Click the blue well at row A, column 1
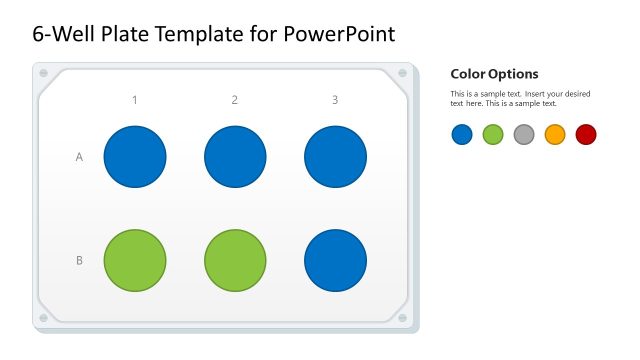[x=135, y=157]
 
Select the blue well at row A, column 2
[x=235, y=157]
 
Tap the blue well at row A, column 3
[x=335, y=157]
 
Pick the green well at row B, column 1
[x=135, y=260]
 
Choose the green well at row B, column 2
[x=235, y=260]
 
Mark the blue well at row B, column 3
[x=335, y=260]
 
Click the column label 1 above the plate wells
[x=135, y=100]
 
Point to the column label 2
[x=235, y=100]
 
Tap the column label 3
[x=335, y=100]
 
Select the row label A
[x=80, y=157]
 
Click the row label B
[x=80, y=261]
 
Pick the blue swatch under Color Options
[x=462, y=134]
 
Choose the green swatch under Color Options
[x=493, y=134]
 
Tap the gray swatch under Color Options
[x=524, y=134]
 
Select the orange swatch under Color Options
[x=555, y=134]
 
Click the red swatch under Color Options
[x=586, y=134]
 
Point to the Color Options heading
[x=494, y=74]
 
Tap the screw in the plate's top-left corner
[x=43, y=73]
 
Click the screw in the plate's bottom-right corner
[x=403, y=318]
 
